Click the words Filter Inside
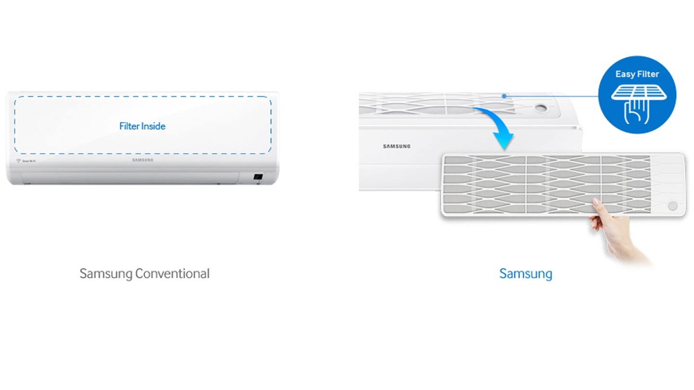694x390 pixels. coord(142,126)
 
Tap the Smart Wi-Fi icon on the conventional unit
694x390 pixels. coord(18,160)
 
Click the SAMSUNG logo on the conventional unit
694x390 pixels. coord(143,160)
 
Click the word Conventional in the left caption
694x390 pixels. coord(172,273)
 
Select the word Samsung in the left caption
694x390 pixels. coord(106,273)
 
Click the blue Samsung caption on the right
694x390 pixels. coord(525,273)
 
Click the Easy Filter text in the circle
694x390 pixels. coord(637,74)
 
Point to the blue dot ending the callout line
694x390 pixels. coord(504,96)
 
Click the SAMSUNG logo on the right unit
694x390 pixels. coord(397,146)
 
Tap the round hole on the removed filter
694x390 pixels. coord(672,206)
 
